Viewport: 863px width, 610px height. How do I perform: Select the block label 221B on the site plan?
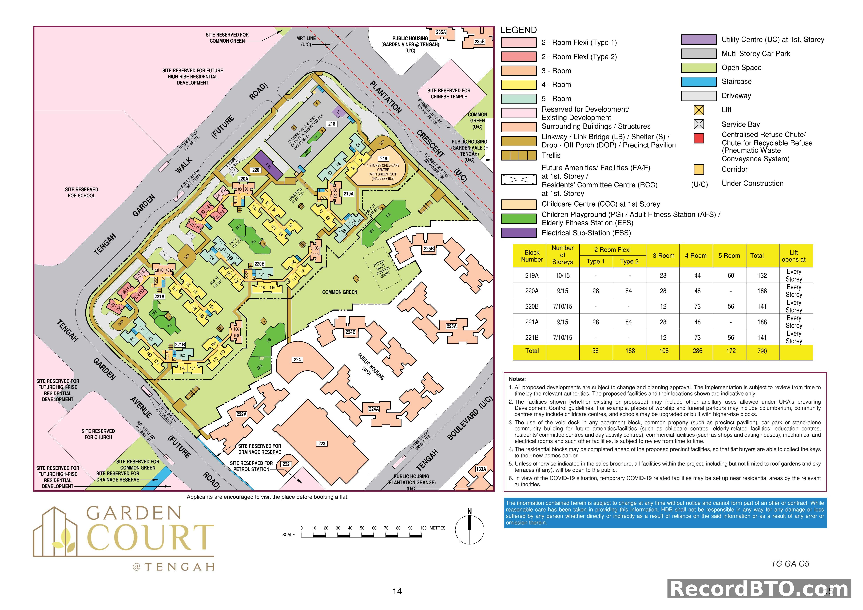click(180, 344)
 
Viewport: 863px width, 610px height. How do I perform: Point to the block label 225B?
click(428, 249)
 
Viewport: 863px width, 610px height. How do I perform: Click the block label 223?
click(322, 444)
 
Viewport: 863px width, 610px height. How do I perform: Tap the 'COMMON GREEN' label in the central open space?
click(339, 292)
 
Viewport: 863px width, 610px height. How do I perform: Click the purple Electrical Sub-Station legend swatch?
click(518, 233)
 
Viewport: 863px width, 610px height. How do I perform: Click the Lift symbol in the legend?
click(699, 110)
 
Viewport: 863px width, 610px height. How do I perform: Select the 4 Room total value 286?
click(697, 351)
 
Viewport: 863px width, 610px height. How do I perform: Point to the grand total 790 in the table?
click(762, 351)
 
